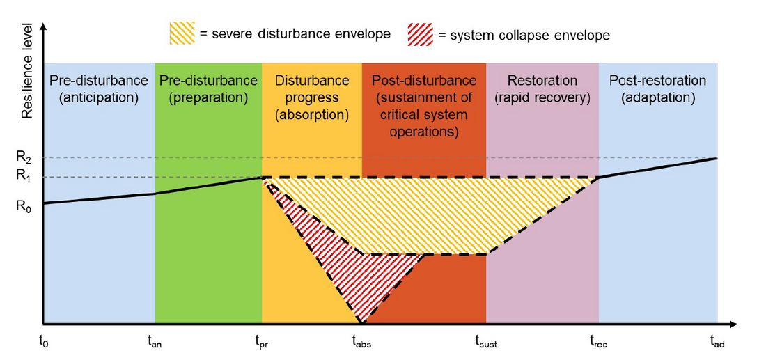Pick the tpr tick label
[262, 341]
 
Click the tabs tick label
[361, 341]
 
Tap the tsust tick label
[486, 341]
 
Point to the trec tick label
[598, 341]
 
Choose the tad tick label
[717, 341]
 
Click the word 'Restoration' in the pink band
[542, 81]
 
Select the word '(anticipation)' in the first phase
[98, 98]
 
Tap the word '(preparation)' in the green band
[208, 98]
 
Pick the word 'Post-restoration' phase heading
[657, 81]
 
